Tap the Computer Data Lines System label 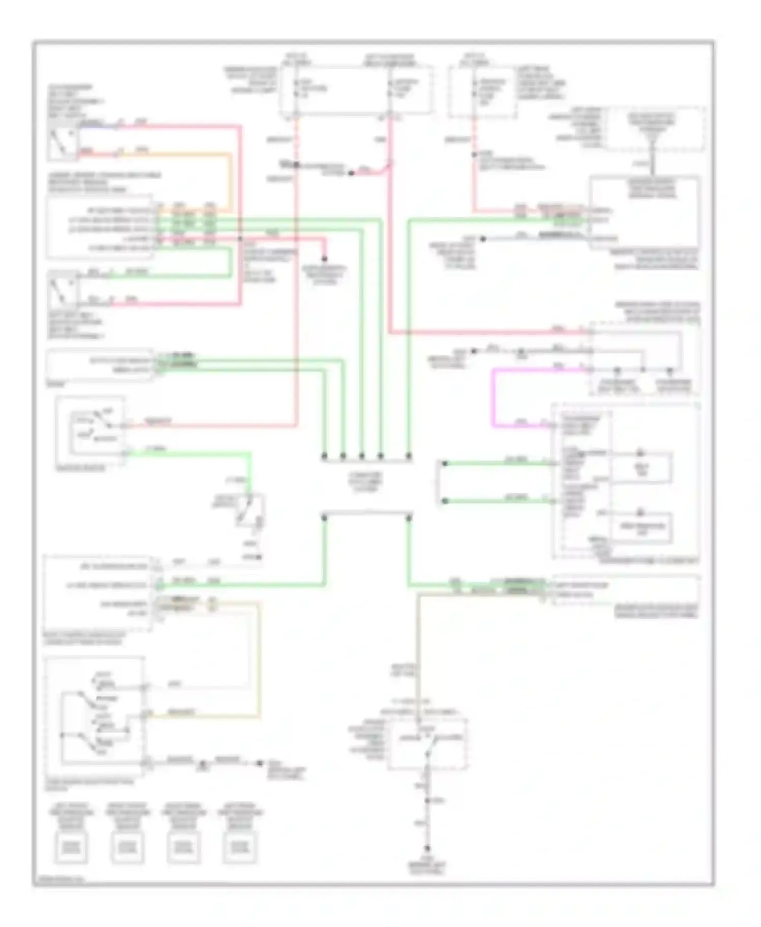pyautogui.click(x=366, y=482)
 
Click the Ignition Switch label pyautogui.click(x=80, y=469)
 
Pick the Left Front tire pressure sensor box pyautogui.click(x=71, y=847)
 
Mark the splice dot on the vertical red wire pyautogui.click(x=296, y=165)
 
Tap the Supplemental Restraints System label pyautogui.click(x=325, y=274)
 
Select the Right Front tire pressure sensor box pyautogui.click(x=127, y=847)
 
